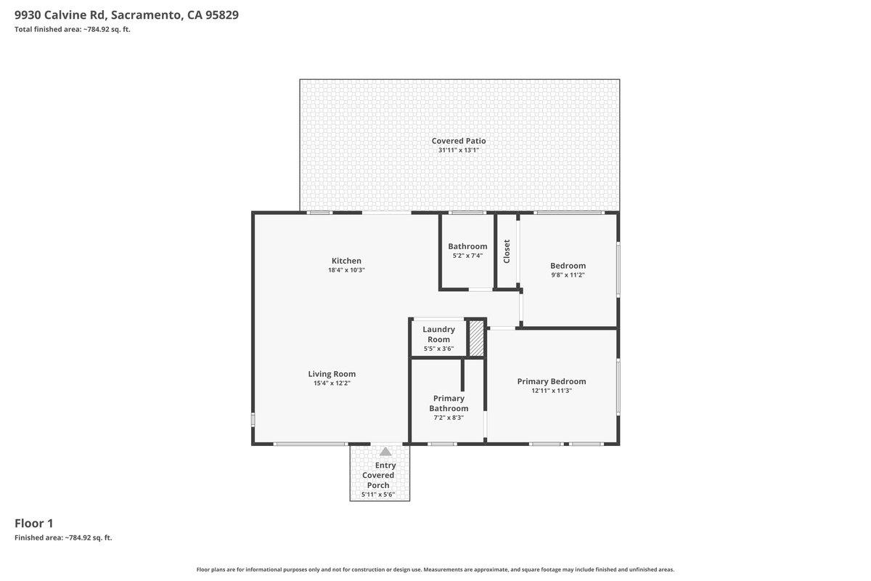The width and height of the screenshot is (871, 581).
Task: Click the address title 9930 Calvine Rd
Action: click(x=126, y=15)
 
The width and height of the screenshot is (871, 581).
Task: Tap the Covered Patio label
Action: click(x=459, y=141)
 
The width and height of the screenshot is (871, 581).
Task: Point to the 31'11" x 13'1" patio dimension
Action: click(x=459, y=150)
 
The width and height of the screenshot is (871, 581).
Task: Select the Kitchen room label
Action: click(x=346, y=261)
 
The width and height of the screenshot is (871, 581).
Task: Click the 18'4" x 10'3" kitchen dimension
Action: click(x=346, y=270)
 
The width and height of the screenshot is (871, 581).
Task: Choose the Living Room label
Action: click(x=332, y=374)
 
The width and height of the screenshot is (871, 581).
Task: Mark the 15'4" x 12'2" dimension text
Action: click(x=332, y=383)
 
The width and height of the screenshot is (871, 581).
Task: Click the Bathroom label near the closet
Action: click(x=467, y=246)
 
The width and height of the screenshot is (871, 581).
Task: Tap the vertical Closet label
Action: click(x=507, y=251)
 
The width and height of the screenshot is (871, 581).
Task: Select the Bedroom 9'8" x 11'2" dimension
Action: click(x=568, y=275)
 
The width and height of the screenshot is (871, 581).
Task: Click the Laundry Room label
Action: click(x=438, y=334)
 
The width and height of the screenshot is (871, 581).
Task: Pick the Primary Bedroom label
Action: click(x=552, y=381)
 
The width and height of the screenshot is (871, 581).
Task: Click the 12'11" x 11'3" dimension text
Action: click(x=552, y=391)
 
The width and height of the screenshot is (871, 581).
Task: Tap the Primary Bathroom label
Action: click(x=449, y=403)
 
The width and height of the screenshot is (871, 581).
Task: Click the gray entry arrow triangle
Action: click(x=385, y=452)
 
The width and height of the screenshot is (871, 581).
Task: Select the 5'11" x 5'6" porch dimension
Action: click(x=378, y=495)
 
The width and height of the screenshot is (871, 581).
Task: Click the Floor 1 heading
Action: click(x=34, y=523)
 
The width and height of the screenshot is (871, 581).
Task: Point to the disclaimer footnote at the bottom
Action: click(x=435, y=569)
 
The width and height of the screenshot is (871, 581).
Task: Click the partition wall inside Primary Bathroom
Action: click(x=462, y=374)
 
